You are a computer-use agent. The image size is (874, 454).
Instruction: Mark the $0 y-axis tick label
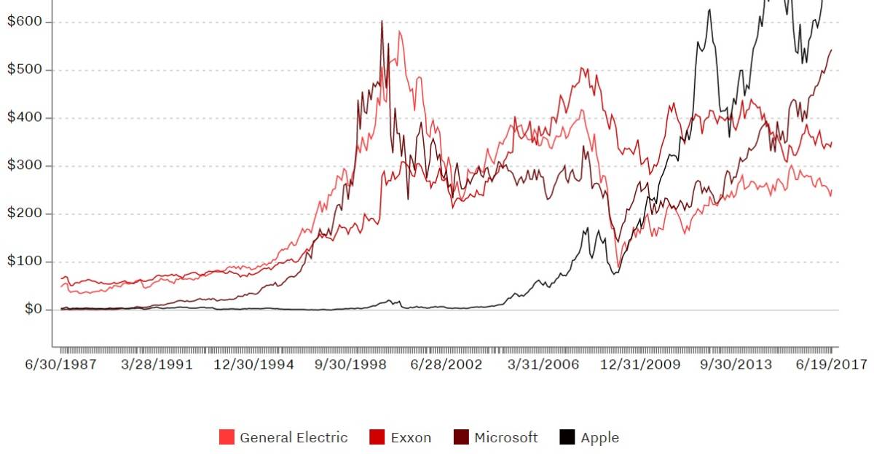coord(28,310)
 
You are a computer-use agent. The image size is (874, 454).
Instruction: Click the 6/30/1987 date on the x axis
coord(62,364)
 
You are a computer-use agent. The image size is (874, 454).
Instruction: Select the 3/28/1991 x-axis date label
coord(157,364)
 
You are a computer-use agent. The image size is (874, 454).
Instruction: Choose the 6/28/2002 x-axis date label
coord(447,364)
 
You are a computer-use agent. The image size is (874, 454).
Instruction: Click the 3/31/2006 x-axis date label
coord(543,364)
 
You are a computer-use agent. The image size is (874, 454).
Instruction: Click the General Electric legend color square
coord(227,438)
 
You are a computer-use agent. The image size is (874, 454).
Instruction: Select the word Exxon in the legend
coord(411,438)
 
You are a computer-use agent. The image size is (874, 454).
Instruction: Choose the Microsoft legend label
coord(506,438)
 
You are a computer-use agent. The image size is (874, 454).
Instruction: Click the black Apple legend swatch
coord(567,438)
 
